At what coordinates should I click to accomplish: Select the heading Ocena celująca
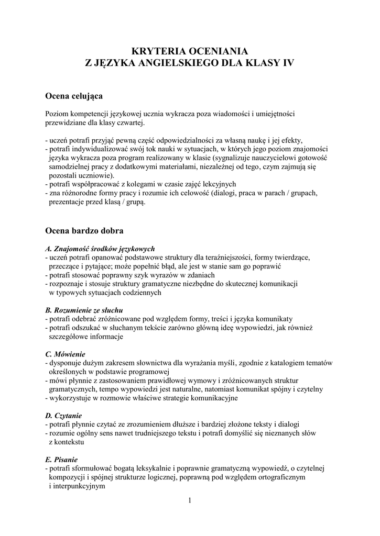[74, 96]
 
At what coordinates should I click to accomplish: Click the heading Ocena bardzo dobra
[84, 230]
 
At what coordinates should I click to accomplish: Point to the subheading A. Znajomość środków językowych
[100, 249]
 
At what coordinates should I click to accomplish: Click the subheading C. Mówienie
[66, 354]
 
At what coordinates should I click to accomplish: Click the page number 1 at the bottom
[190, 500]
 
